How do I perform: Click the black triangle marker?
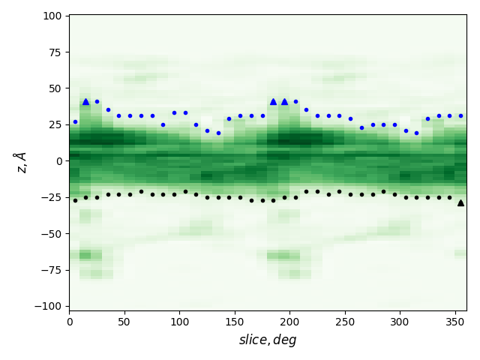pyautogui.click(x=460, y=202)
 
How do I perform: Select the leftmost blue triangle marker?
pyautogui.click(x=85, y=101)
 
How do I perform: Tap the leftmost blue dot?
pyautogui.click(x=75, y=121)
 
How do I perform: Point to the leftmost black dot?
pyautogui.click(x=75, y=200)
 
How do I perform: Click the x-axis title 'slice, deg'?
pyautogui.click(x=268, y=340)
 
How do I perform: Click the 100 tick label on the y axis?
pyautogui.click(x=52, y=16)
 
